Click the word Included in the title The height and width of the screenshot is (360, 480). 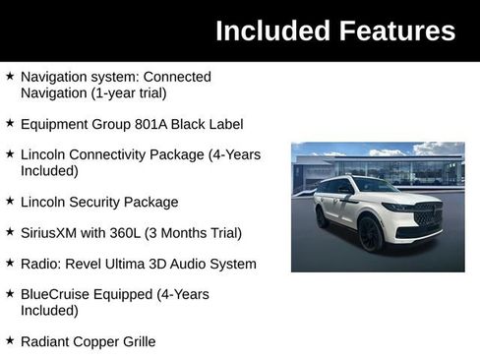click(269, 30)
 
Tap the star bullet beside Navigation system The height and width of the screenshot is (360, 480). click(10, 76)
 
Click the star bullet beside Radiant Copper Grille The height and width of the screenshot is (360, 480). click(10, 340)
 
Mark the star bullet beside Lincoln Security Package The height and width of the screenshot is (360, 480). click(10, 202)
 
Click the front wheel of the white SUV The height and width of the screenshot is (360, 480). click(370, 234)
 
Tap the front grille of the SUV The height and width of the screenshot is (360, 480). click(428, 214)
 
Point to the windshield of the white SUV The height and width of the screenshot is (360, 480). click(375, 186)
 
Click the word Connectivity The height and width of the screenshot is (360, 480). click(116, 155)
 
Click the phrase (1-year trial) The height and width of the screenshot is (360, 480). click(125, 92)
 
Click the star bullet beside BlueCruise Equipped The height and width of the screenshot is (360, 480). click(10, 294)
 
